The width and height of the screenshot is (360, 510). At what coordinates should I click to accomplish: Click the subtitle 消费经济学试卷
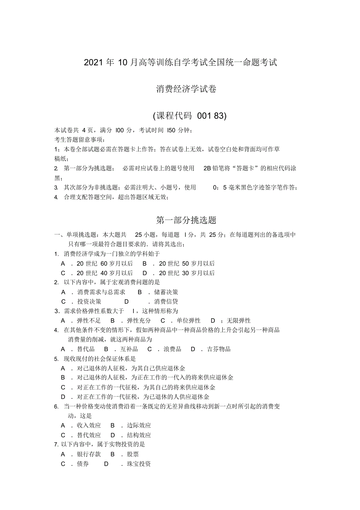tap(186, 89)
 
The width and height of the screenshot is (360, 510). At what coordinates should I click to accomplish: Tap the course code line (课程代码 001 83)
tap(190, 116)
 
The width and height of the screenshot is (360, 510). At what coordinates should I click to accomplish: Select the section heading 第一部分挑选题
tap(186, 220)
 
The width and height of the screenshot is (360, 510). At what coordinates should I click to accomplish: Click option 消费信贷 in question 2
tap(166, 301)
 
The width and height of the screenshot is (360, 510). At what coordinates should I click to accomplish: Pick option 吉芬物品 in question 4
tap(219, 349)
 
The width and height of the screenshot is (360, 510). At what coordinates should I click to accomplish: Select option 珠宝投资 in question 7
tap(139, 464)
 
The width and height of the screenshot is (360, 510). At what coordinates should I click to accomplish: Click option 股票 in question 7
tap(133, 454)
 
